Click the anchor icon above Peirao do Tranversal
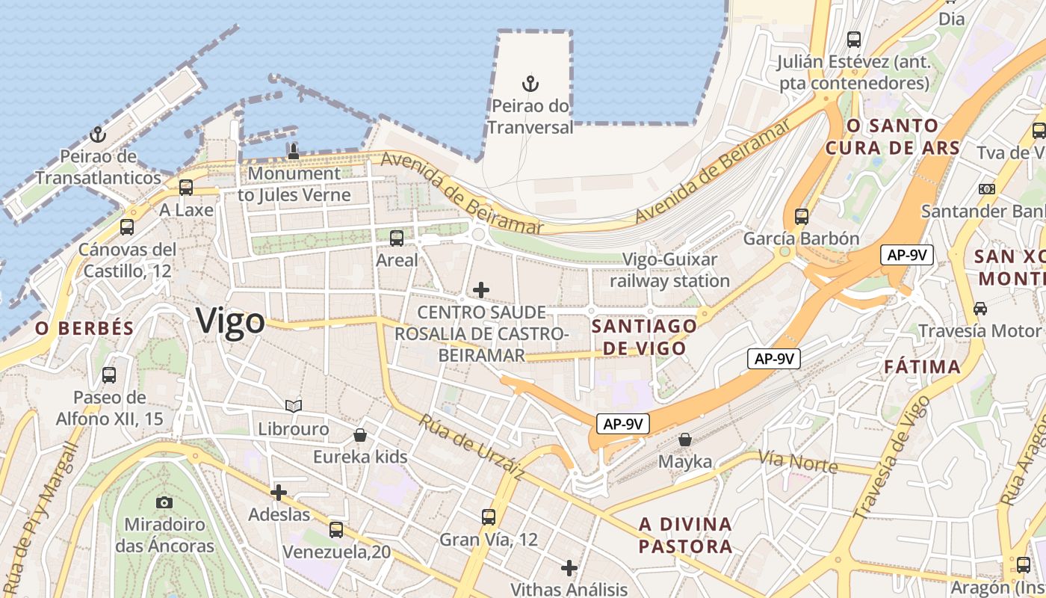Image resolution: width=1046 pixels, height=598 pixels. pyautogui.click(x=530, y=83)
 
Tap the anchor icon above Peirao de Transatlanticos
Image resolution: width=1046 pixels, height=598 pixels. pyautogui.click(x=97, y=135)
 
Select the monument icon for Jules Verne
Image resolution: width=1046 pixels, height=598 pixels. pyautogui.click(x=294, y=152)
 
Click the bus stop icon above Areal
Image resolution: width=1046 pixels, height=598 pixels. pyautogui.click(x=397, y=238)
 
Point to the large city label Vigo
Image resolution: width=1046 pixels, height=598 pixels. pyautogui.click(x=231, y=321)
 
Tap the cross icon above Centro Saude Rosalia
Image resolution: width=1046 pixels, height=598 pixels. pyautogui.click(x=481, y=289)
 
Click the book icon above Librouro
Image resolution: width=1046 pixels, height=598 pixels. pyautogui.click(x=294, y=406)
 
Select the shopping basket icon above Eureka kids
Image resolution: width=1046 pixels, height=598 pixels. pyautogui.click(x=360, y=434)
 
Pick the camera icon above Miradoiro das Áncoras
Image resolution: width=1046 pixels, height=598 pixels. pyautogui.click(x=164, y=502)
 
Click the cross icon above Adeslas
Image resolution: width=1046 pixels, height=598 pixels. pyautogui.click(x=279, y=493)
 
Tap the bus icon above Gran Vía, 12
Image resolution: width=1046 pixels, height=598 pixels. pyautogui.click(x=489, y=517)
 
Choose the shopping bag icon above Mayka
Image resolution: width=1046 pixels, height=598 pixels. pyautogui.click(x=685, y=440)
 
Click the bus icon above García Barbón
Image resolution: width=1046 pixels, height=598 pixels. pyautogui.click(x=802, y=217)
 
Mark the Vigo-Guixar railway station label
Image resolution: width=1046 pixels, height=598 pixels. pyautogui.click(x=670, y=271)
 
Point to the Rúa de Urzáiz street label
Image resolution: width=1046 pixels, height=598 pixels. pyautogui.click(x=471, y=447)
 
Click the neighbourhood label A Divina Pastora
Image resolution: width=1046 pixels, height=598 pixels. pyautogui.click(x=685, y=534)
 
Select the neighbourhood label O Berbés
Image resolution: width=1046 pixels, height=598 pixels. pyautogui.click(x=84, y=328)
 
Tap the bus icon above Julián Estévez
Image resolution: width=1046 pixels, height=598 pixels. pyautogui.click(x=854, y=40)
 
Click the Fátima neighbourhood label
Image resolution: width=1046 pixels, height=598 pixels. pyautogui.click(x=922, y=367)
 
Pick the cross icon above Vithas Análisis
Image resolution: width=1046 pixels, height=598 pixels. pyautogui.click(x=569, y=568)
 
